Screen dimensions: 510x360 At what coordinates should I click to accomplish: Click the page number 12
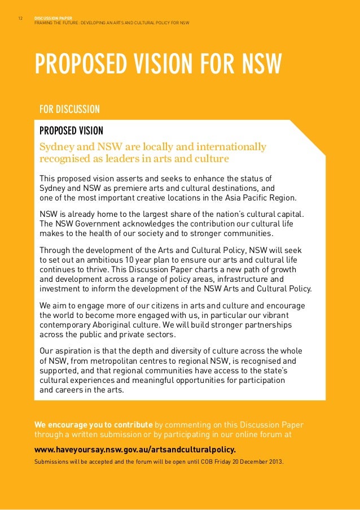20,18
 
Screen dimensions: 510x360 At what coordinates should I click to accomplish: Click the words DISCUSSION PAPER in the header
51,18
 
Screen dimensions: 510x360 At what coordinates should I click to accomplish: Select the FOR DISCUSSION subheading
69,109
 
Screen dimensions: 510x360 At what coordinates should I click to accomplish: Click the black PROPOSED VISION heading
71,131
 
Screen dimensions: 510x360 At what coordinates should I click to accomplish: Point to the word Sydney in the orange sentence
55,147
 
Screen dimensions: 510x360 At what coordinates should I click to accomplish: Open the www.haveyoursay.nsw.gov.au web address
135,450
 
